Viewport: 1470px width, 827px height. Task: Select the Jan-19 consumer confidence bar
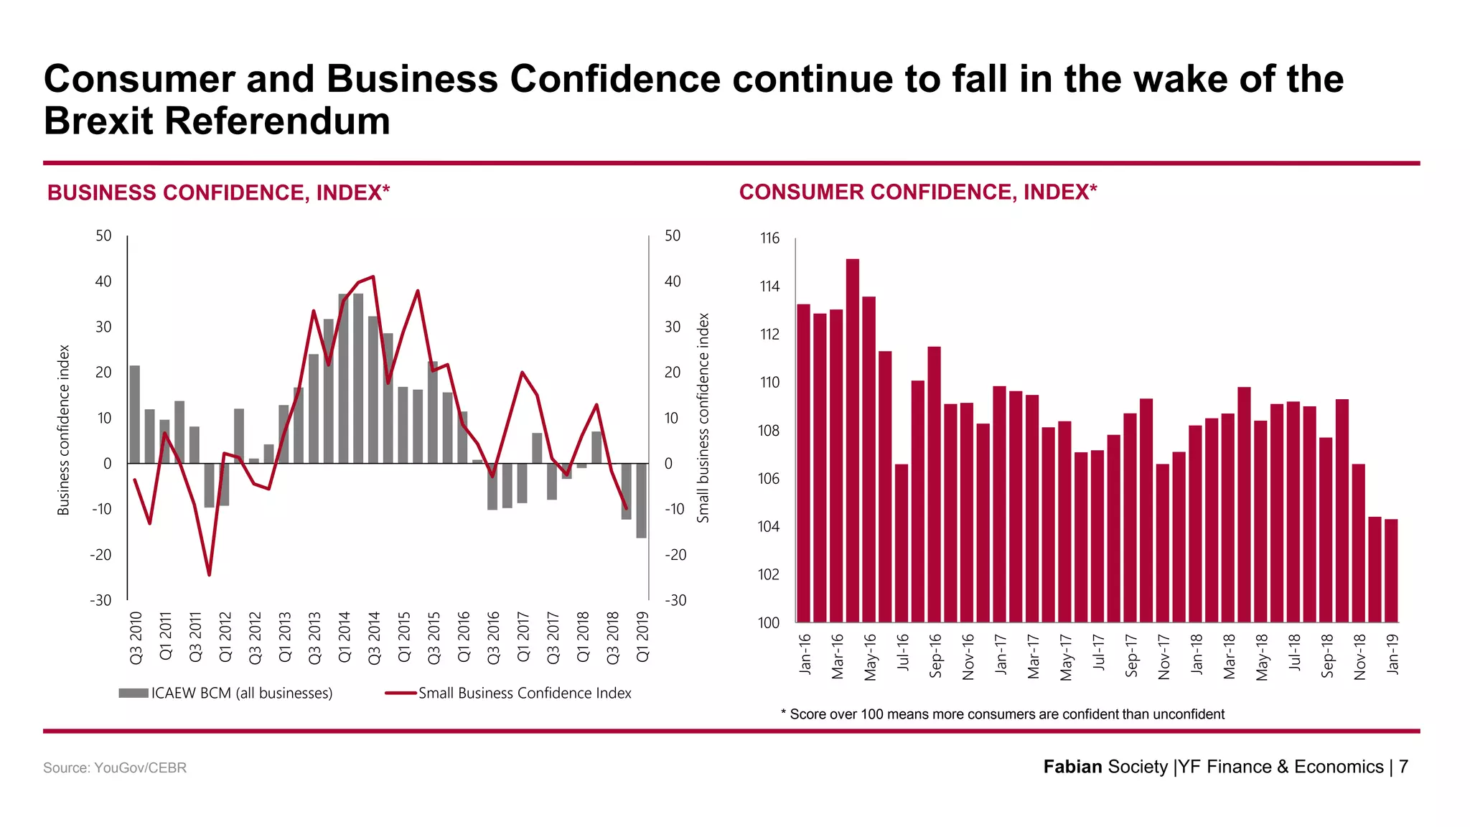tap(1391, 571)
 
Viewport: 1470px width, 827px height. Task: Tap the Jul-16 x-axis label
tap(903, 653)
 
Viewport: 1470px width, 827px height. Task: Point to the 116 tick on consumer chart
tap(769, 238)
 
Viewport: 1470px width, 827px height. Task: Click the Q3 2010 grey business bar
tap(135, 414)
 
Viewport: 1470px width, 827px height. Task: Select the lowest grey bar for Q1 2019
tap(642, 500)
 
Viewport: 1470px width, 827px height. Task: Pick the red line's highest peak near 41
tap(373, 276)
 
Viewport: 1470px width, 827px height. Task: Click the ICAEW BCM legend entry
tap(226, 693)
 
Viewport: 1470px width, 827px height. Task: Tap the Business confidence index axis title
tap(64, 430)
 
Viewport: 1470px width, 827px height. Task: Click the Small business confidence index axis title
tap(703, 418)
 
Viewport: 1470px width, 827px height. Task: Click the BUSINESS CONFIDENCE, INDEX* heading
tap(218, 193)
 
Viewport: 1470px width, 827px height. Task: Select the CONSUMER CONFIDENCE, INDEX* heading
tap(918, 192)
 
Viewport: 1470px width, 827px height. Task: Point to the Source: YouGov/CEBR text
tap(115, 768)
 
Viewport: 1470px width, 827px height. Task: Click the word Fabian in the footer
tap(1072, 767)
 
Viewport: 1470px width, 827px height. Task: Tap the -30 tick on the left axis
tap(101, 600)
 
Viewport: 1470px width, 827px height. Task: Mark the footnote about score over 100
tap(1003, 714)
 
